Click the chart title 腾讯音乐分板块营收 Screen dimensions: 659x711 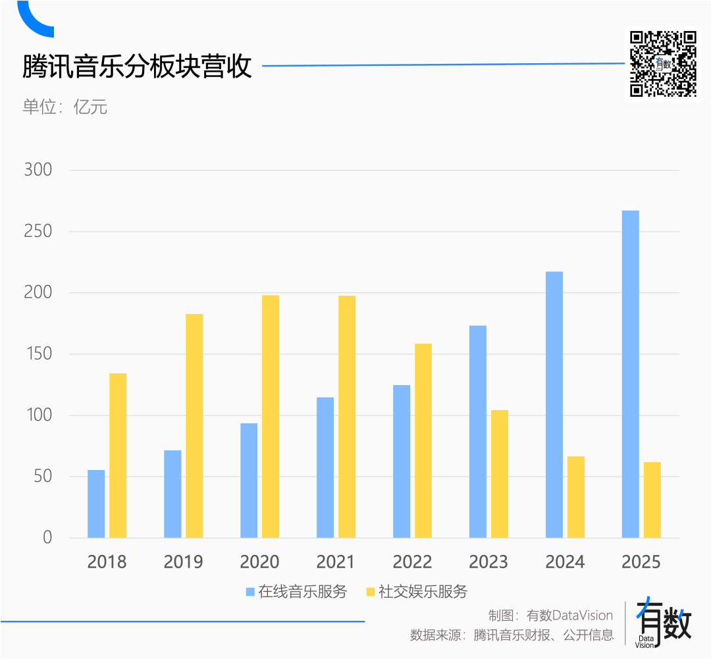coord(138,66)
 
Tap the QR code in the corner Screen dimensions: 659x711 coord(663,64)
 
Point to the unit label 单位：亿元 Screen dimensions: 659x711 coord(65,107)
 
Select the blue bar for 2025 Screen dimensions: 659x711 coord(630,374)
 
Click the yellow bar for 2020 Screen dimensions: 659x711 coord(271,416)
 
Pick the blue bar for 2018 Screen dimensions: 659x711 coord(96,504)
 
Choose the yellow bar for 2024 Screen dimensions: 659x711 coord(576,497)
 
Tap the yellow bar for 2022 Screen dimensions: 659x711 coord(423,440)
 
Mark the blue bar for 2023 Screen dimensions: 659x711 coord(478,431)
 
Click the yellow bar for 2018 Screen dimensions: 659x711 coord(118,456)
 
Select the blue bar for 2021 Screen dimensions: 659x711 coord(325,467)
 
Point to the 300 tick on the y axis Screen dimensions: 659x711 coord(38,170)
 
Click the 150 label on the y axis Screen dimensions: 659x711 coord(38,354)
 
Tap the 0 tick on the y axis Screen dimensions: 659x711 coord(47,537)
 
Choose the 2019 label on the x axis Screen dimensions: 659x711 coord(183,562)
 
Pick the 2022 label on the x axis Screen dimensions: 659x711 coord(412,562)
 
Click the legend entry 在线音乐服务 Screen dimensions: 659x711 coord(296,591)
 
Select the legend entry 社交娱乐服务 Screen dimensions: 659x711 coord(416,591)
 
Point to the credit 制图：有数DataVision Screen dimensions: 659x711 coord(550,616)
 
